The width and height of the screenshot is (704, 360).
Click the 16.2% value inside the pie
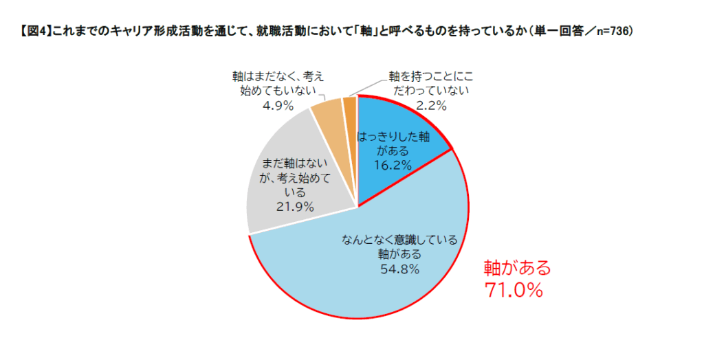394,165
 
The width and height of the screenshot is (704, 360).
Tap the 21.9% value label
294,206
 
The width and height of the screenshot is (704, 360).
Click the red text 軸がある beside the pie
518,268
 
